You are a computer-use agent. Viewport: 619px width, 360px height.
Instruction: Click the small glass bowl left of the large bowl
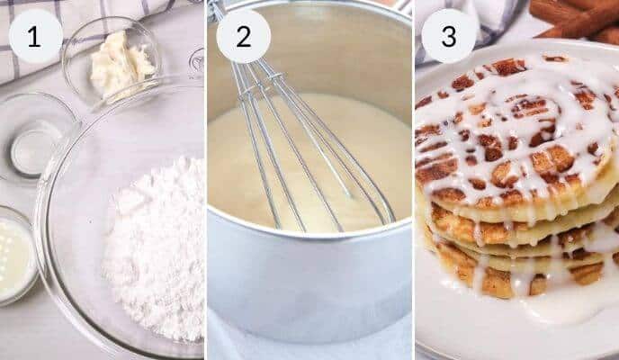(x=33, y=135)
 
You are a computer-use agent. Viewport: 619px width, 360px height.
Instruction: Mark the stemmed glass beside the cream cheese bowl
(x=196, y=63)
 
